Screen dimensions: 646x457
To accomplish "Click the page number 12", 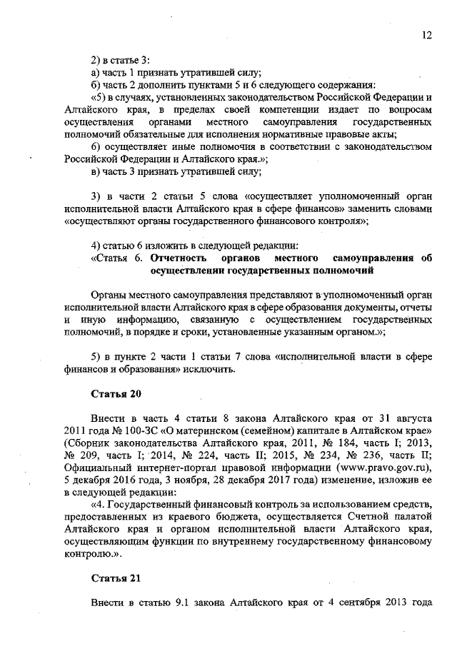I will (x=426, y=35).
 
